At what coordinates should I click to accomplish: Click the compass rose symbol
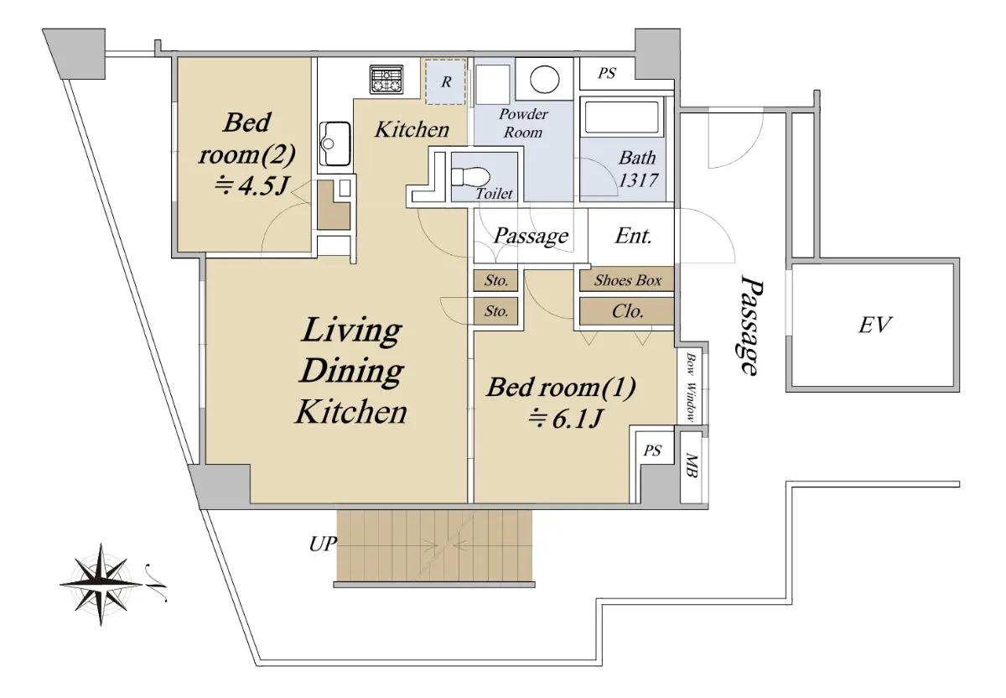[101, 584]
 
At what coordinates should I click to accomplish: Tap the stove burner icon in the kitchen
[386, 80]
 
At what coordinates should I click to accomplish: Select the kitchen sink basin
[334, 143]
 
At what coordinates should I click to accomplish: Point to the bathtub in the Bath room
[622, 117]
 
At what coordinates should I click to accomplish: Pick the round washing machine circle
[544, 80]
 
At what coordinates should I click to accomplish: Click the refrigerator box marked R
[445, 82]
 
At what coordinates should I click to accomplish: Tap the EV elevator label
[875, 325]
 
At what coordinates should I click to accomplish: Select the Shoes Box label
[627, 280]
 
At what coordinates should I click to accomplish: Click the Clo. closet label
[627, 311]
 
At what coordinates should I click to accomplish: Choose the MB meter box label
[692, 466]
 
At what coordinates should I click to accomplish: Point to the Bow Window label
[691, 388]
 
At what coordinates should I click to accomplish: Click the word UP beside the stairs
[323, 544]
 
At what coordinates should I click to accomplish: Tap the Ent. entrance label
[633, 236]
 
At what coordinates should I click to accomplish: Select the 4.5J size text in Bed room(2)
[251, 185]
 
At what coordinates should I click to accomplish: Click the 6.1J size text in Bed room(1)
[564, 419]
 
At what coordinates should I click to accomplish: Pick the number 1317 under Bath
[638, 180]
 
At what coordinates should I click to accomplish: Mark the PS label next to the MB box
[652, 451]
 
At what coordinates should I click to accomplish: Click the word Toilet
[494, 194]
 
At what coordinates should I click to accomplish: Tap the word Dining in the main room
[351, 372]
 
